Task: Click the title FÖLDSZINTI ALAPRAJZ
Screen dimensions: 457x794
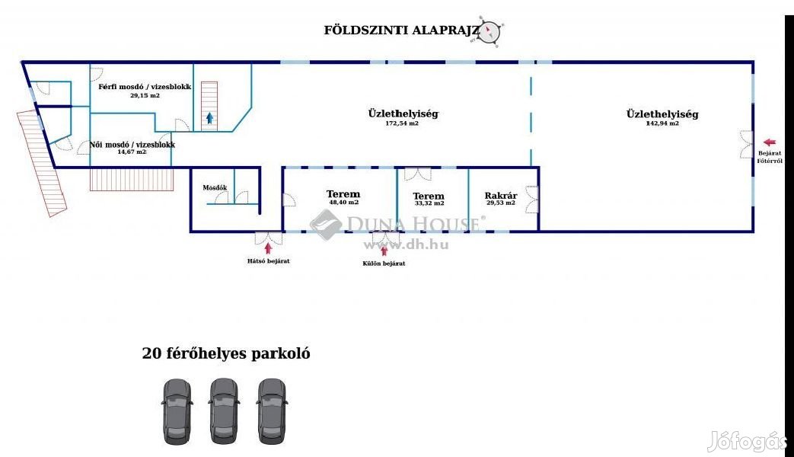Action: (402, 30)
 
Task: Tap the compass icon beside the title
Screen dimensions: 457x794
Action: (490, 31)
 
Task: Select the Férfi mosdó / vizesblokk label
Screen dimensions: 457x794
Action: (145, 87)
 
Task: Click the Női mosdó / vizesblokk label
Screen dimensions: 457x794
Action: (132, 144)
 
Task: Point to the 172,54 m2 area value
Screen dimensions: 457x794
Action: (402, 123)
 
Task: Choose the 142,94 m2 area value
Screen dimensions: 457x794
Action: (662, 123)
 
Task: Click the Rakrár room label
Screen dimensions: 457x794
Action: (501, 196)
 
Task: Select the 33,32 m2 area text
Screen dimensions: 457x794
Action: (429, 203)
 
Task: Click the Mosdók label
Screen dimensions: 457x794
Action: (215, 187)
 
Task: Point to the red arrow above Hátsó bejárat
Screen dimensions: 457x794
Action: (267, 247)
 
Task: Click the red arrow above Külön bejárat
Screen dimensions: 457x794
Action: (384, 250)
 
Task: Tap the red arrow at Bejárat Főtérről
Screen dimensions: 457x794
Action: (770, 142)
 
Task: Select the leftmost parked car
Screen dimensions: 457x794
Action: (177, 411)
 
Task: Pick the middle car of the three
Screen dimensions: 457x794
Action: (224, 411)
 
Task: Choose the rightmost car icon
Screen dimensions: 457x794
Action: (271, 411)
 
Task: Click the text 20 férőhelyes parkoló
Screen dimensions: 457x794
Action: (226, 353)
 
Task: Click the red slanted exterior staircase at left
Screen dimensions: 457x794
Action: (43, 164)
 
